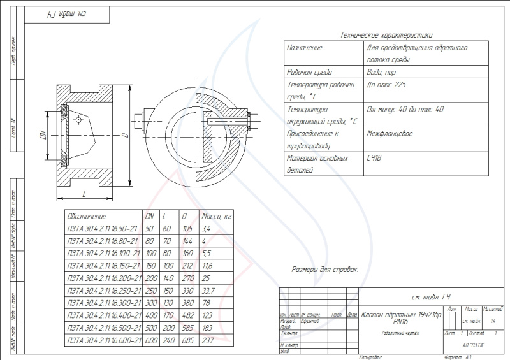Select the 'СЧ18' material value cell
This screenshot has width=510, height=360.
(374, 157)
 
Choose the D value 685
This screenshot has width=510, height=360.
(187, 341)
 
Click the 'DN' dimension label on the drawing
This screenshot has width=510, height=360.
(43, 135)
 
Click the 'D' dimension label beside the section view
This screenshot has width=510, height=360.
(125, 135)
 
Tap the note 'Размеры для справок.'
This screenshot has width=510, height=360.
(324, 270)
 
